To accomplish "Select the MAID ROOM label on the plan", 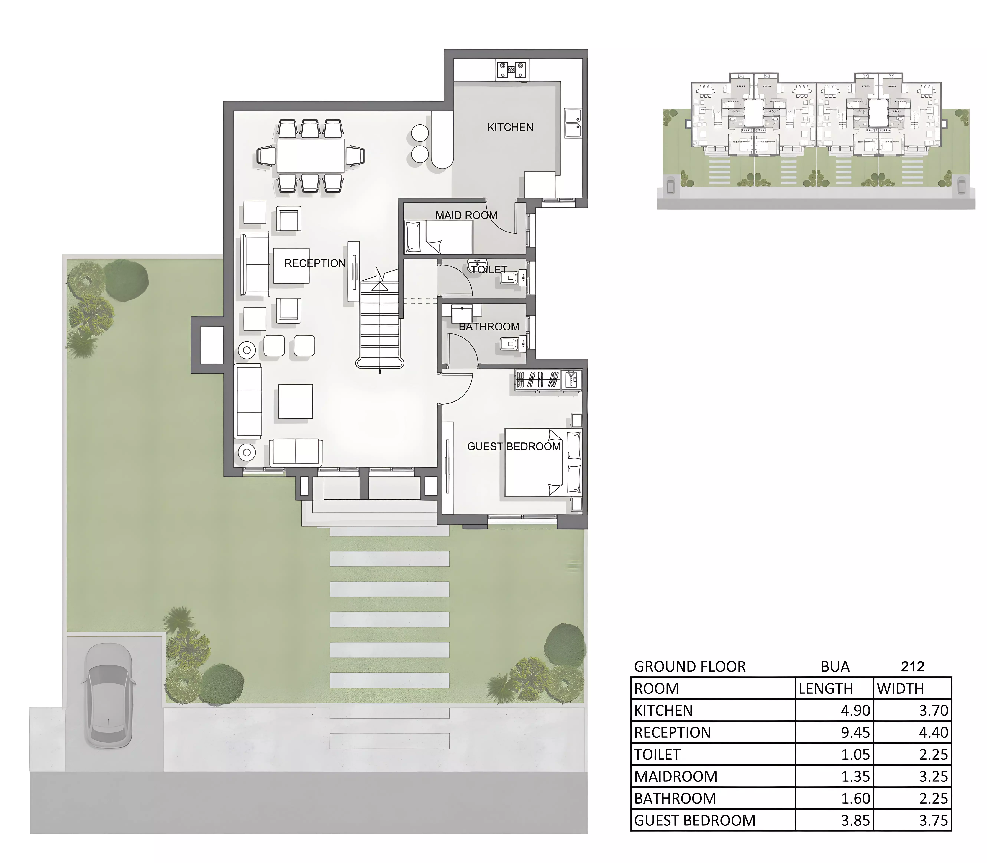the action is [466, 215].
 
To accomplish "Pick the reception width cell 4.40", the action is [934, 732].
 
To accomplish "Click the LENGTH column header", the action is [826, 689].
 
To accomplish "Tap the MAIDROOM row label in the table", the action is [676, 776].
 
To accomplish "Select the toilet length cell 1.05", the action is [856, 755].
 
